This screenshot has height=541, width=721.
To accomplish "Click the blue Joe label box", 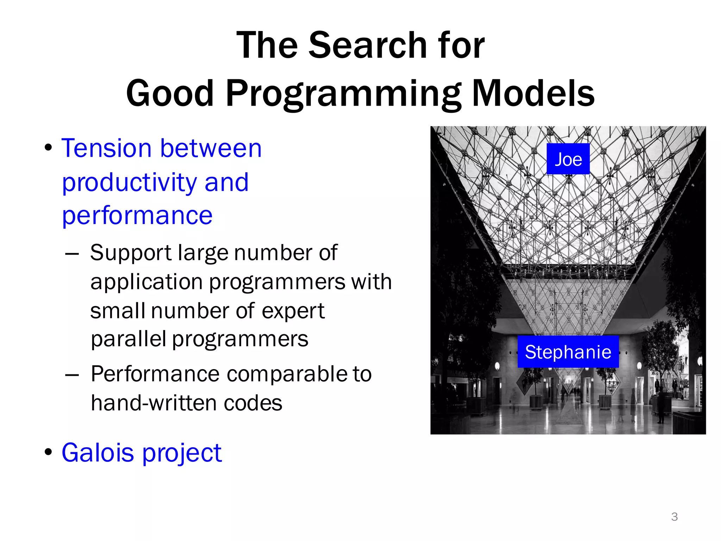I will [x=568, y=159].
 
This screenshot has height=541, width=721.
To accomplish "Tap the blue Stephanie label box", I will [x=568, y=352].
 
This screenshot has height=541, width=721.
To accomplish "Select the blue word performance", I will [x=137, y=216].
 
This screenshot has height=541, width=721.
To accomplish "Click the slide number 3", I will [x=674, y=517].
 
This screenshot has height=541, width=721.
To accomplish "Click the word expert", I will [x=293, y=312].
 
